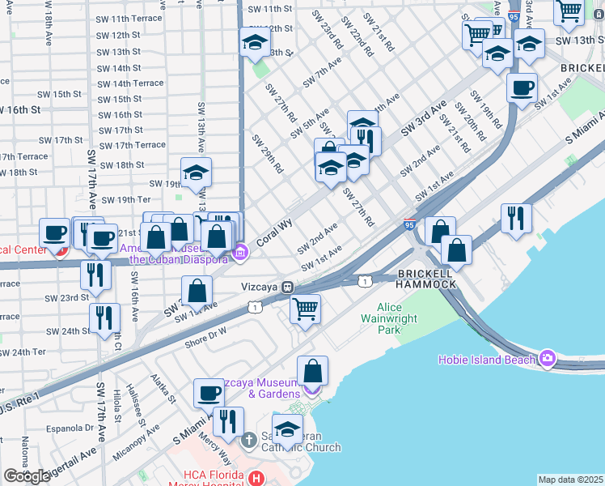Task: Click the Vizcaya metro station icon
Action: click(x=286, y=288)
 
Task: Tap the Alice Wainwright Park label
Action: click(x=400, y=318)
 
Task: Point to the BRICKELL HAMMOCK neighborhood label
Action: click(x=426, y=279)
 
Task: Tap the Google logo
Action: click(x=27, y=476)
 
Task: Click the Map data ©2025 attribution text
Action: click(x=570, y=480)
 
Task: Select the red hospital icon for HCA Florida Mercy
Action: click(x=257, y=479)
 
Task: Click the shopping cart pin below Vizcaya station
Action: click(x=305, y=309)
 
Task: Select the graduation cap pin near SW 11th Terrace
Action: click(x=255, y=44)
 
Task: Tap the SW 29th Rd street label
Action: click(x=268, y=153)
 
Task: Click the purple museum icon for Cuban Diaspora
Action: click(x=239, y=254)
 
